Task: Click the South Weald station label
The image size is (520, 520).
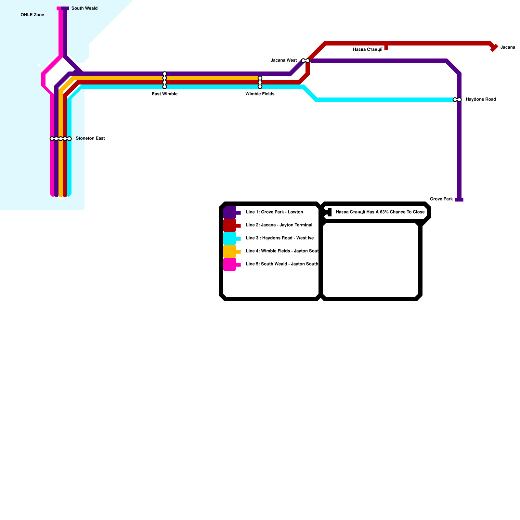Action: (84, 8)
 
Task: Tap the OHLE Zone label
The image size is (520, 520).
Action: (32, 15)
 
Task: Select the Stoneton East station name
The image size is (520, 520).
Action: (90, 138)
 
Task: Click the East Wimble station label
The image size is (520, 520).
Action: (164, 94)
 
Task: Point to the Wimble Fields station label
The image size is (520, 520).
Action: (260, 94)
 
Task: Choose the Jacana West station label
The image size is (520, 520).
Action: (283, 60)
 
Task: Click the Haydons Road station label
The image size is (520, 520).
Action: (481, 99)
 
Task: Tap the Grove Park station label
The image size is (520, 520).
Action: (441, 199)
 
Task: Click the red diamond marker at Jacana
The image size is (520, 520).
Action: (494, 48)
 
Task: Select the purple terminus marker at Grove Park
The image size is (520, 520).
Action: (459, 200)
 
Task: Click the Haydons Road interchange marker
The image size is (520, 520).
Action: (457, 100)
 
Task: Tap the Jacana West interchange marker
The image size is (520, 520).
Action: (305, 61)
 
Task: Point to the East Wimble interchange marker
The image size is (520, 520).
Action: (165, 80)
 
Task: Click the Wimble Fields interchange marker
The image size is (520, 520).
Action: (260, 83)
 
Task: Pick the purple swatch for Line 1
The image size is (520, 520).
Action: (230, 213)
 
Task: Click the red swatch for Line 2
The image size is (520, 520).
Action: (230, 226)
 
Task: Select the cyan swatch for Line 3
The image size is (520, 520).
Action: (230, 239)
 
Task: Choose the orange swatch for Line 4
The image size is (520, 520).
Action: (230, 252)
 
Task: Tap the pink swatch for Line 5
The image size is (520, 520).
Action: (230, 265)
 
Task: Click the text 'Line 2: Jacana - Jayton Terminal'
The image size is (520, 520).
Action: (279, 225)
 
